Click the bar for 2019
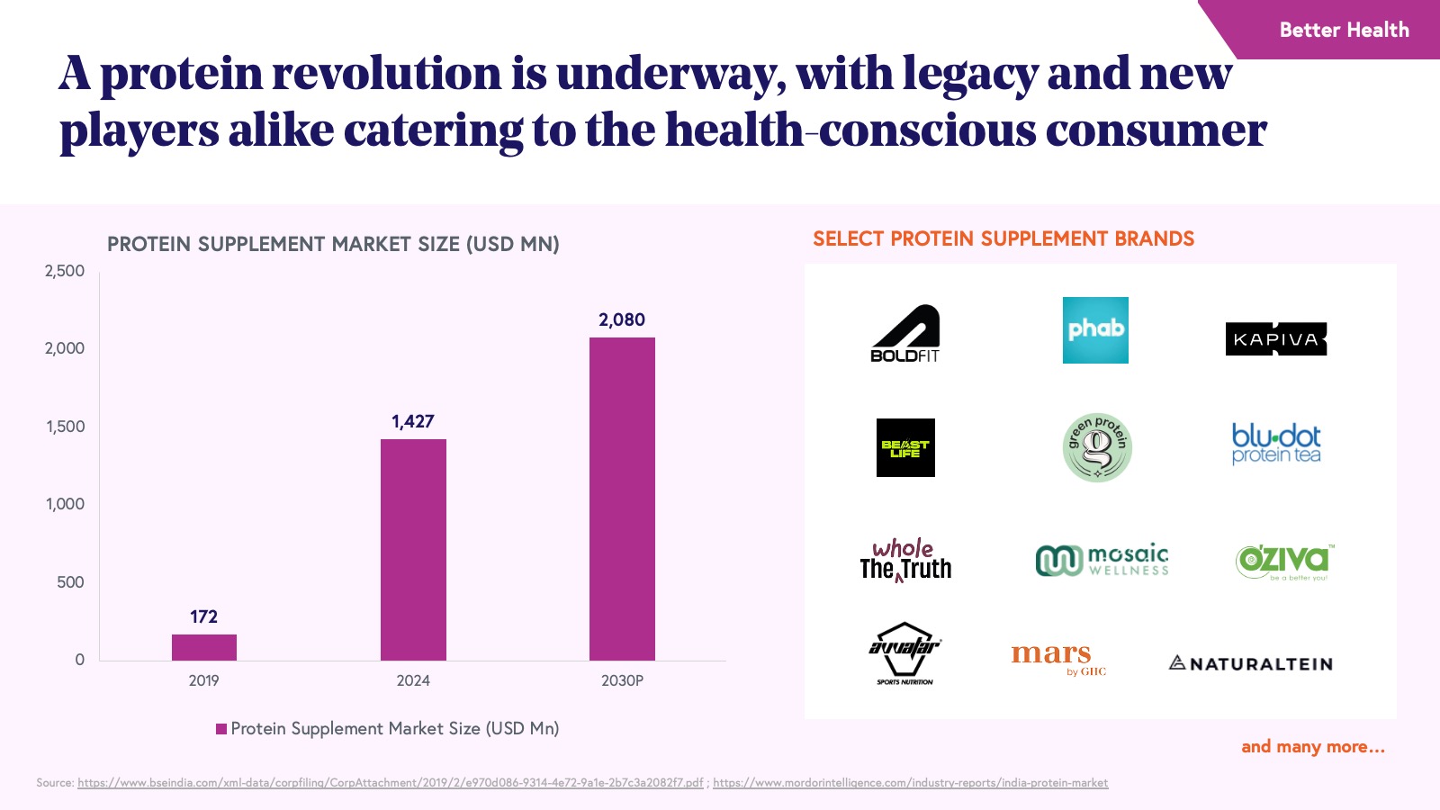[204, 647]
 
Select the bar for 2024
[413, 549]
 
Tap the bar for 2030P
[622, 499]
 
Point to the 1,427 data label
[413, 421]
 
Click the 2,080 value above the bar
[622, 319]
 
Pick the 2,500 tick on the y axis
[65, 271]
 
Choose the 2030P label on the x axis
[622, 680]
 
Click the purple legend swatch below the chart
[221, 729]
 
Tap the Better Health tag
[1344, 30]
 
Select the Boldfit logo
[905, 334]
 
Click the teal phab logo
[1095, 330]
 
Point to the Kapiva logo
[1276, 339]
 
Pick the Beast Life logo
[905, 447]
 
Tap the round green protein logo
[1096, 447]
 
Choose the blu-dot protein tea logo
[1276, 444]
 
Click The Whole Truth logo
[905, 561]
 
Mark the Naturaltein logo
[1250, 664]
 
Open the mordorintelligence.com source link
[910, 783]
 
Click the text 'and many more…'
[1312, 746]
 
